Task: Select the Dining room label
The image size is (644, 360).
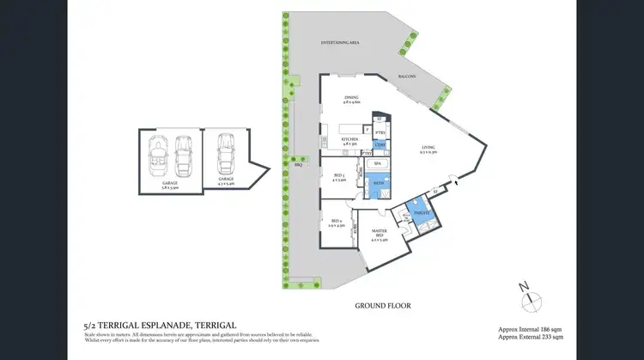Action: [351, 100]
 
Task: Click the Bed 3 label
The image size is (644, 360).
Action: [338, 178]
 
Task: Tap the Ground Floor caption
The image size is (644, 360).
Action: [383, 305]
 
